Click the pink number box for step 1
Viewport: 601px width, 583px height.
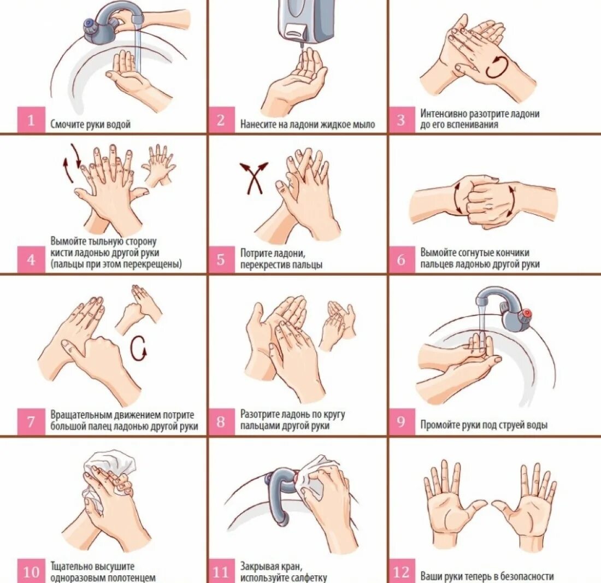(32, 120)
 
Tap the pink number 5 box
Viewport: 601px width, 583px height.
(221, 260)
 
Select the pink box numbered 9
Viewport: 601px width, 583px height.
(402, 421)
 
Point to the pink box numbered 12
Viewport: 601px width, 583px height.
(402, 571)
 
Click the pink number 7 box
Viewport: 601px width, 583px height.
(32, 422)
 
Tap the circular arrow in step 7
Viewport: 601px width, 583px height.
(138, 348)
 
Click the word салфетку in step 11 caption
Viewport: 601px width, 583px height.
(309, 577)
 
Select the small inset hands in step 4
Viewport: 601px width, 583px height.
(158, 165)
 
